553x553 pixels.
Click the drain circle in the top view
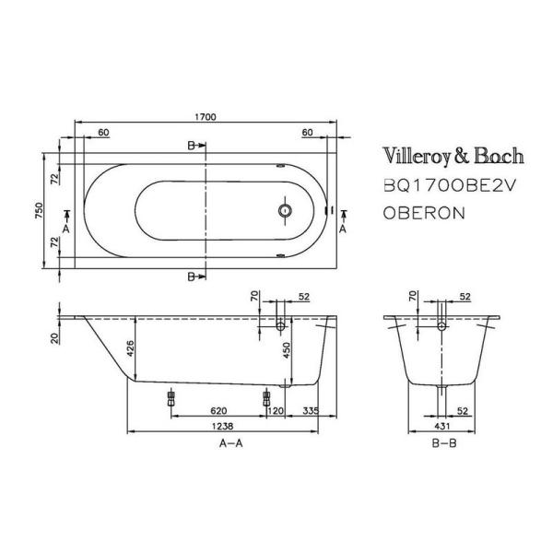click(285, 211)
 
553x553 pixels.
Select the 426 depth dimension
click(130, 347)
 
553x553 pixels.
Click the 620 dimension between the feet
click(218, 410)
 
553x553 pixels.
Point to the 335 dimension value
click(312, 410)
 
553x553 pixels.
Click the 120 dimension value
click(276, 410)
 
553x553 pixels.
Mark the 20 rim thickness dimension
click(55, 339)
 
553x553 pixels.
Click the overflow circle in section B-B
click(441, 326)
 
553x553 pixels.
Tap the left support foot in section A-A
click(170, 396)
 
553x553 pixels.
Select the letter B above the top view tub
click(191, 147)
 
